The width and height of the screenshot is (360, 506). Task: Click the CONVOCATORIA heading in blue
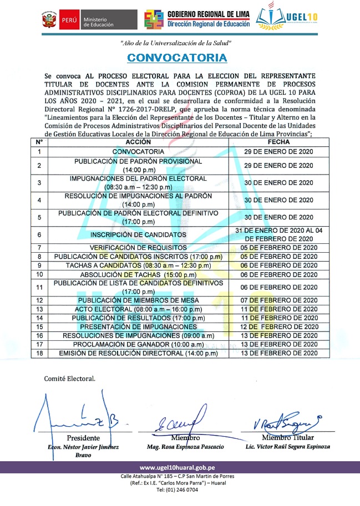tap(176, 58)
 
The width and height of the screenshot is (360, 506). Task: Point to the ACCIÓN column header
tap(138, 142)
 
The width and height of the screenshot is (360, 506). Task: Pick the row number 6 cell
tap(39, 234)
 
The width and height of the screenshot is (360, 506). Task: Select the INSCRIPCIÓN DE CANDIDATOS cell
tap(138, 234)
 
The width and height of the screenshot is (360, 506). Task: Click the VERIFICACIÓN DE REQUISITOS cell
tap(138, 247)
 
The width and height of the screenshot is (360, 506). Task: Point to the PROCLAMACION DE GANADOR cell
tap(138, 344)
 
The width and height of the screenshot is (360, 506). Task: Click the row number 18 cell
tap(39, 353)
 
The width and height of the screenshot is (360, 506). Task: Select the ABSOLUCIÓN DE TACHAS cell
tap(138, 274)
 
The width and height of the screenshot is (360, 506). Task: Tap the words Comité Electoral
tap(70, 379)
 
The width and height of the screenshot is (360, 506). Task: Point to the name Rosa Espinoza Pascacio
tap(181, 447)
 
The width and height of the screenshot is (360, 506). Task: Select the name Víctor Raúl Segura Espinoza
tap(288, 447)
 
